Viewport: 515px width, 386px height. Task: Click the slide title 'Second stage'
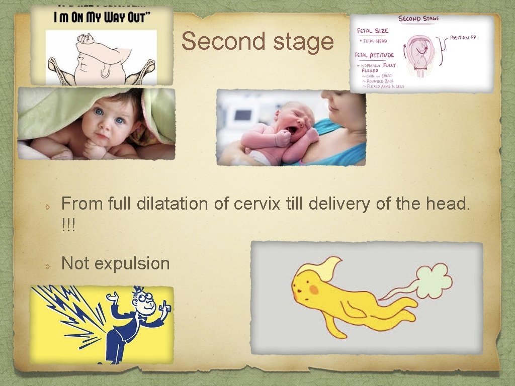[x=257, y=41]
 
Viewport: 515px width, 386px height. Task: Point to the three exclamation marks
[x=68, y=225]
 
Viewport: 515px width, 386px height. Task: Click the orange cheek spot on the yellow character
[x=313, y=290]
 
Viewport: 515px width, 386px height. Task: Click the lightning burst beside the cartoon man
[x=75, y=314]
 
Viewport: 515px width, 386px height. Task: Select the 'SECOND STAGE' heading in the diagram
[x=418, y=19]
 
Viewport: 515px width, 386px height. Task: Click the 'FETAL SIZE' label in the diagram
[x=372, y=31]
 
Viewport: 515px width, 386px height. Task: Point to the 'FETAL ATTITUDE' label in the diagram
[x=374, y=55]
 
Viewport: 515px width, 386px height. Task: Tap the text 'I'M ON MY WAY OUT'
[x=102, y=17]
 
